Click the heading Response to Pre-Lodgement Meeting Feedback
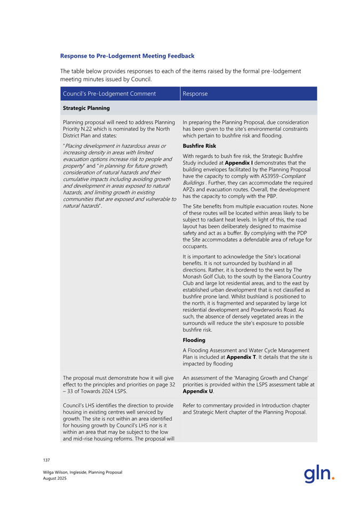click(127, 55)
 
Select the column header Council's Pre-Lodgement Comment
click(109, 94)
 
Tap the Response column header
click(195, 94)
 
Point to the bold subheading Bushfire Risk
click(199, 145)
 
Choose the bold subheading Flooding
click(195, 339)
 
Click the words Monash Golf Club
click(204, 277)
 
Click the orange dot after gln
click(333, 478)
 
